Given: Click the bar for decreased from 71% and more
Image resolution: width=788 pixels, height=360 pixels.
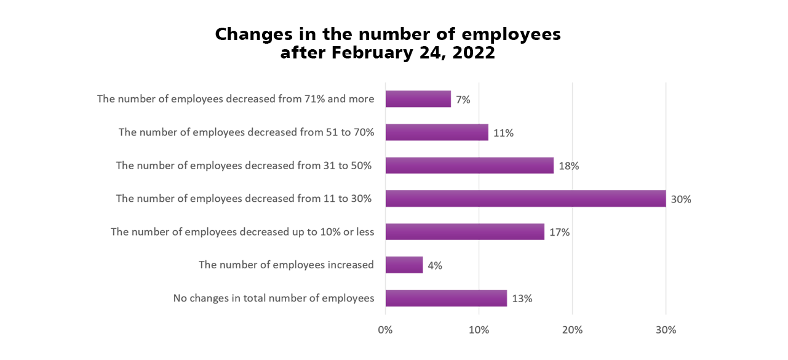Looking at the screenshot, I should (x=418, y=99).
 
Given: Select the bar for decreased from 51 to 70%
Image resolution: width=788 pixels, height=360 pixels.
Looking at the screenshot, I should (x=437, y=132).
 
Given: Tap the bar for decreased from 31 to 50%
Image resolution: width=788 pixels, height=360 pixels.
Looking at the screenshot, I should (x=469, y=166).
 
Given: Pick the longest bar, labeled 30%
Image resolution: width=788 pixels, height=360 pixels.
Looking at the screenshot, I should (x=525, y=199).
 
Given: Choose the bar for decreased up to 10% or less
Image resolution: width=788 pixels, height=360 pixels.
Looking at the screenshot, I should (x=465, y=232).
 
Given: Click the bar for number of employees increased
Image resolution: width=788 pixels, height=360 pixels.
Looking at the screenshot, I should (x=404, y=265).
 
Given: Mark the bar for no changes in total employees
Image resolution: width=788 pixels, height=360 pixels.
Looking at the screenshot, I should (x=446, y=298).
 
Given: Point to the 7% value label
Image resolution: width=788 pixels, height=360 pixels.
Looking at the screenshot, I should (x=463, y=100).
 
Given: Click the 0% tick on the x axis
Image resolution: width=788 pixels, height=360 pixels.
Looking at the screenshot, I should (x=385, y=330).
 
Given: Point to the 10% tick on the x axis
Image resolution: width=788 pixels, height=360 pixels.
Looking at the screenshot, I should (x=479, y=330).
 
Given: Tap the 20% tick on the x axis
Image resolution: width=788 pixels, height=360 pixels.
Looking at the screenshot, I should (x=572, y=330).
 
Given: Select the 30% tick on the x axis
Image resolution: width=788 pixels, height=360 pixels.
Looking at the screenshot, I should (x=666, y=330).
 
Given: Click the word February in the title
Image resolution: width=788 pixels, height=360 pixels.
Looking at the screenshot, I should (x=374, y=53).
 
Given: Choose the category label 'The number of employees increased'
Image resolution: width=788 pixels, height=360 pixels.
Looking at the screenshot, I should (x=286, y=265).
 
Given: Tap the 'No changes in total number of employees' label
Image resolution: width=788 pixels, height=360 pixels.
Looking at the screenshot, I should (x=274, y=298).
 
